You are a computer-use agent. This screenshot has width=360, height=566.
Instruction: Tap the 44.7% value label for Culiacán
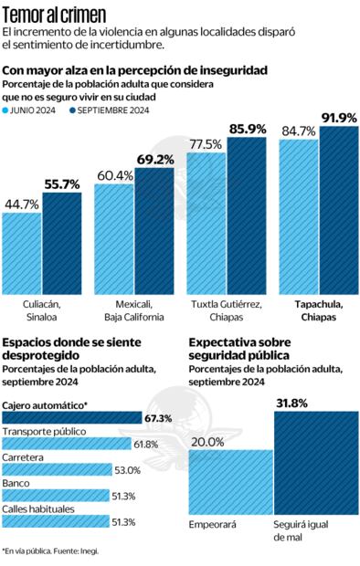tap(21, 204)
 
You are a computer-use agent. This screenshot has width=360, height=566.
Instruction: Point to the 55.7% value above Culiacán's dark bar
tap(62, 184)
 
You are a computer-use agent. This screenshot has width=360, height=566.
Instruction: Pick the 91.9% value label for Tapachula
tap(338, 118)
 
